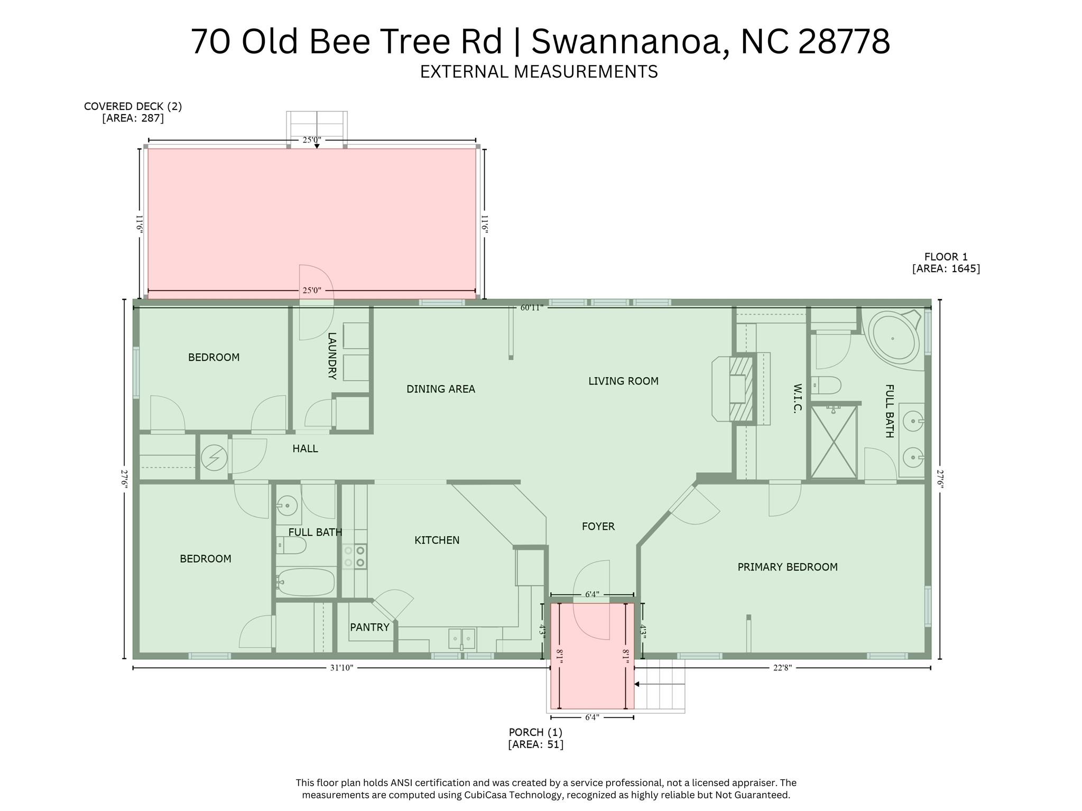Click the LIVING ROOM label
pos(623,381)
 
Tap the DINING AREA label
pos(440,389)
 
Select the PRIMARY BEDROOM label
pos(787,567)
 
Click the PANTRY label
pos(369,627)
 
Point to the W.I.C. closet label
pos(798,398)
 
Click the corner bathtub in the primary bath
pos(894,338)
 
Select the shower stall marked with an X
pos(834,442)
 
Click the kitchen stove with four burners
pos(355,556)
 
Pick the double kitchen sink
pos(461,638)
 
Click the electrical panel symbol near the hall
pos(214,458)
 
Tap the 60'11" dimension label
pos(532,308)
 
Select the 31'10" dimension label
pos(341,668)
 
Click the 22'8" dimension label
pos(782,668)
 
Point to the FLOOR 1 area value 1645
pos(946,268)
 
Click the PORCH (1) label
pos(535,732)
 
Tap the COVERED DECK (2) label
pos(133,106)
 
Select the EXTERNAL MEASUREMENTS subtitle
pos(539,71)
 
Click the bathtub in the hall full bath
pos(306,582)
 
